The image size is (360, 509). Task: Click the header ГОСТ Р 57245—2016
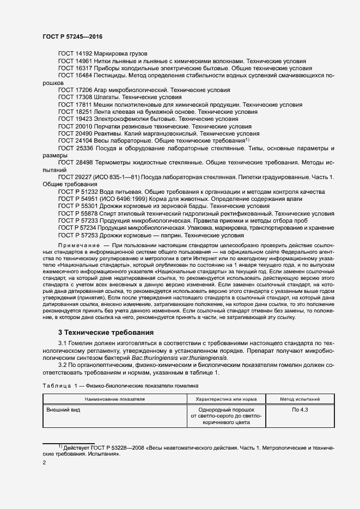72,36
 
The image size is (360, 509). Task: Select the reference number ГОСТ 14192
75,54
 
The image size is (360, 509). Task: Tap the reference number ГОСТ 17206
75,89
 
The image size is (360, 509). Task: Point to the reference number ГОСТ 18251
75,111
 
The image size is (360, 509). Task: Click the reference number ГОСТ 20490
75,133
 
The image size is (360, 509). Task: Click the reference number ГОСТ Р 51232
78,192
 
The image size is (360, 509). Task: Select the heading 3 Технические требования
106,332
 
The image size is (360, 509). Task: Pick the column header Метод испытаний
300,399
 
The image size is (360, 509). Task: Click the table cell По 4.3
300,409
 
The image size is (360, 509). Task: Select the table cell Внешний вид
63,409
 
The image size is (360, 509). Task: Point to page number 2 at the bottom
44,462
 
